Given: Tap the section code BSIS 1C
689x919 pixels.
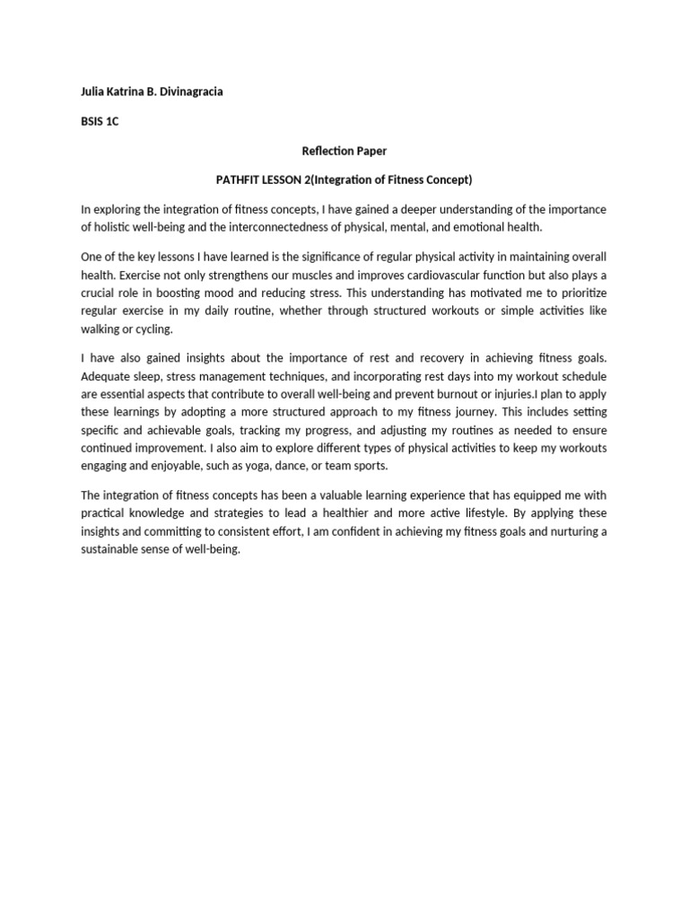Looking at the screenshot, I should [100, 122].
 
